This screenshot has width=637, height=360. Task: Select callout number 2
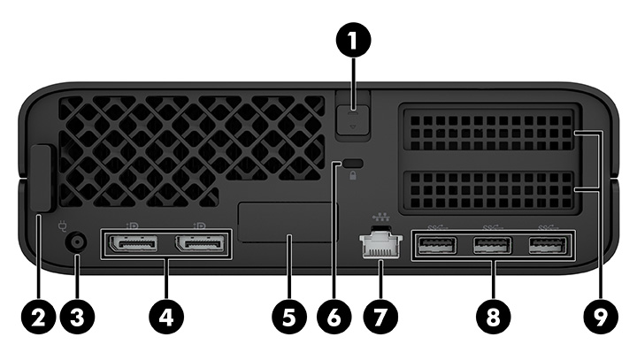point(39,316)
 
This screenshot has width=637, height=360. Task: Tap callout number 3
point(76,316)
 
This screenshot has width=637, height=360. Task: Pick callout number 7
point(380,316)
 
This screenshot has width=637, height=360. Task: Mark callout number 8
point(493,316)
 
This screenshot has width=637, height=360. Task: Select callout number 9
point(604,316)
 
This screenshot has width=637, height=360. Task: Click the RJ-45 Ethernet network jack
point(380,245)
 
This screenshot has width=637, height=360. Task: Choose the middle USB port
point(492,245)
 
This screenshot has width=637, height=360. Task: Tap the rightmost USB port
point(546,245)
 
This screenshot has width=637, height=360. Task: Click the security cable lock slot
point(353,164)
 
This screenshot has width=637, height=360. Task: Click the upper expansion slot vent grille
point(490,131)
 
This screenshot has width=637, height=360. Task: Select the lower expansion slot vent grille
point(490,189)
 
